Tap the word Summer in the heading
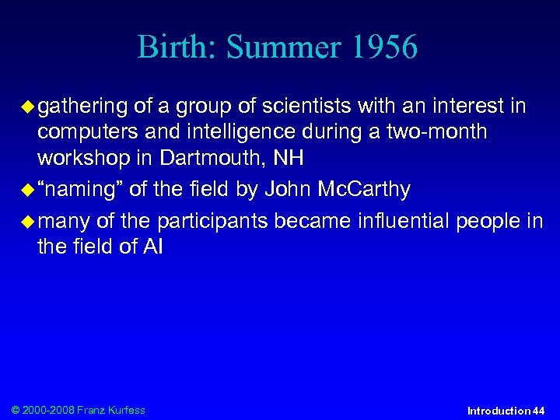tap(285, 47)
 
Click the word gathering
tap(82, 106)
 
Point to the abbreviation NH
tap(289, 159)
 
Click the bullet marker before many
tap(29, 221)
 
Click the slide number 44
tap(538, 411)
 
